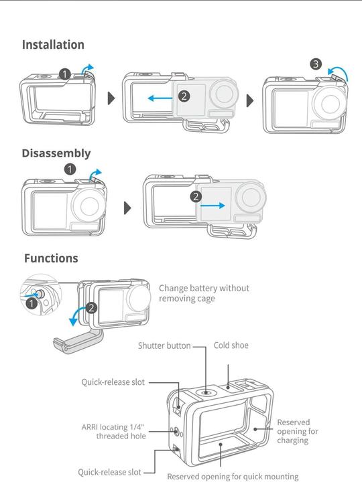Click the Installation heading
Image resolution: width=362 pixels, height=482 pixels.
pyautogui.click(x=53, y=45)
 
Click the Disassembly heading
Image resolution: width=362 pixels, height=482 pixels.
pyautogui.click(x=56, y=153)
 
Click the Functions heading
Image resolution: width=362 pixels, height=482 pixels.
pyautogui.click(x=51, y=258)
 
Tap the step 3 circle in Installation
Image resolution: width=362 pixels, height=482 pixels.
pyautogui.click(x=316, y=64)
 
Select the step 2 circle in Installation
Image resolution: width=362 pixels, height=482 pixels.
pyautogui.click(x=184, y=96)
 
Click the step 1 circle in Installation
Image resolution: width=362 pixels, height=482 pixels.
pyautogui.click(x=65, y=74)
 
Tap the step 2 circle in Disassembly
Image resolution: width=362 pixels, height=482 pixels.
pyautogui.click(x=196, y=196)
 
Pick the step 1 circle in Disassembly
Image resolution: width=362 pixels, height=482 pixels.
pyautogui.click(x=70, y=169)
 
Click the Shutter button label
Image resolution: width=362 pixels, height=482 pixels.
pyautogui.click(x=164, y=346)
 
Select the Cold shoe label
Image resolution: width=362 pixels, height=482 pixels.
pyautogui.click(x=231, y=345)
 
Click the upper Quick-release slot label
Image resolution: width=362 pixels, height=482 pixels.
pyautogui.click(x=113, y=382)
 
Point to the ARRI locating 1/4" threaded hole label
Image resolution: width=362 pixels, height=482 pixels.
pyautogui.click(x=113, y=431)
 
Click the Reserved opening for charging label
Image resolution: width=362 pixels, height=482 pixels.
pyautogui.click(x=294, y=432)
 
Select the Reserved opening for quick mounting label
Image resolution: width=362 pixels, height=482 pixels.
pyautogui.click(x=233, y=477)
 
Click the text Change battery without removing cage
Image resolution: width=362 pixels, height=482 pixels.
pyautogui.click(x=204, y=293)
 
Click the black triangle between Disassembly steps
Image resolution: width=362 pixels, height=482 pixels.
pyautogui.click(x=128, y=208)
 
